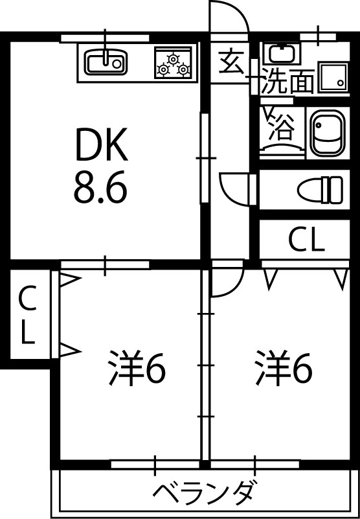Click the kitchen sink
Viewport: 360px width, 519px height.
106,63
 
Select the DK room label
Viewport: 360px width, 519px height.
102,145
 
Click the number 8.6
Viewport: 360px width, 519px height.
100,189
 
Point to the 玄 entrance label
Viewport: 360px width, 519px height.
231,63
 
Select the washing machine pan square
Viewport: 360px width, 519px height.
333,78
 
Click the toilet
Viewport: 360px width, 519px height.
321,190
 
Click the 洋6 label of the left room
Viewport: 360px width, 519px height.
137,369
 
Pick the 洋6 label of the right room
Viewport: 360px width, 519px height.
284,369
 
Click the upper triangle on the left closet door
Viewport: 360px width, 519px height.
69,279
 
